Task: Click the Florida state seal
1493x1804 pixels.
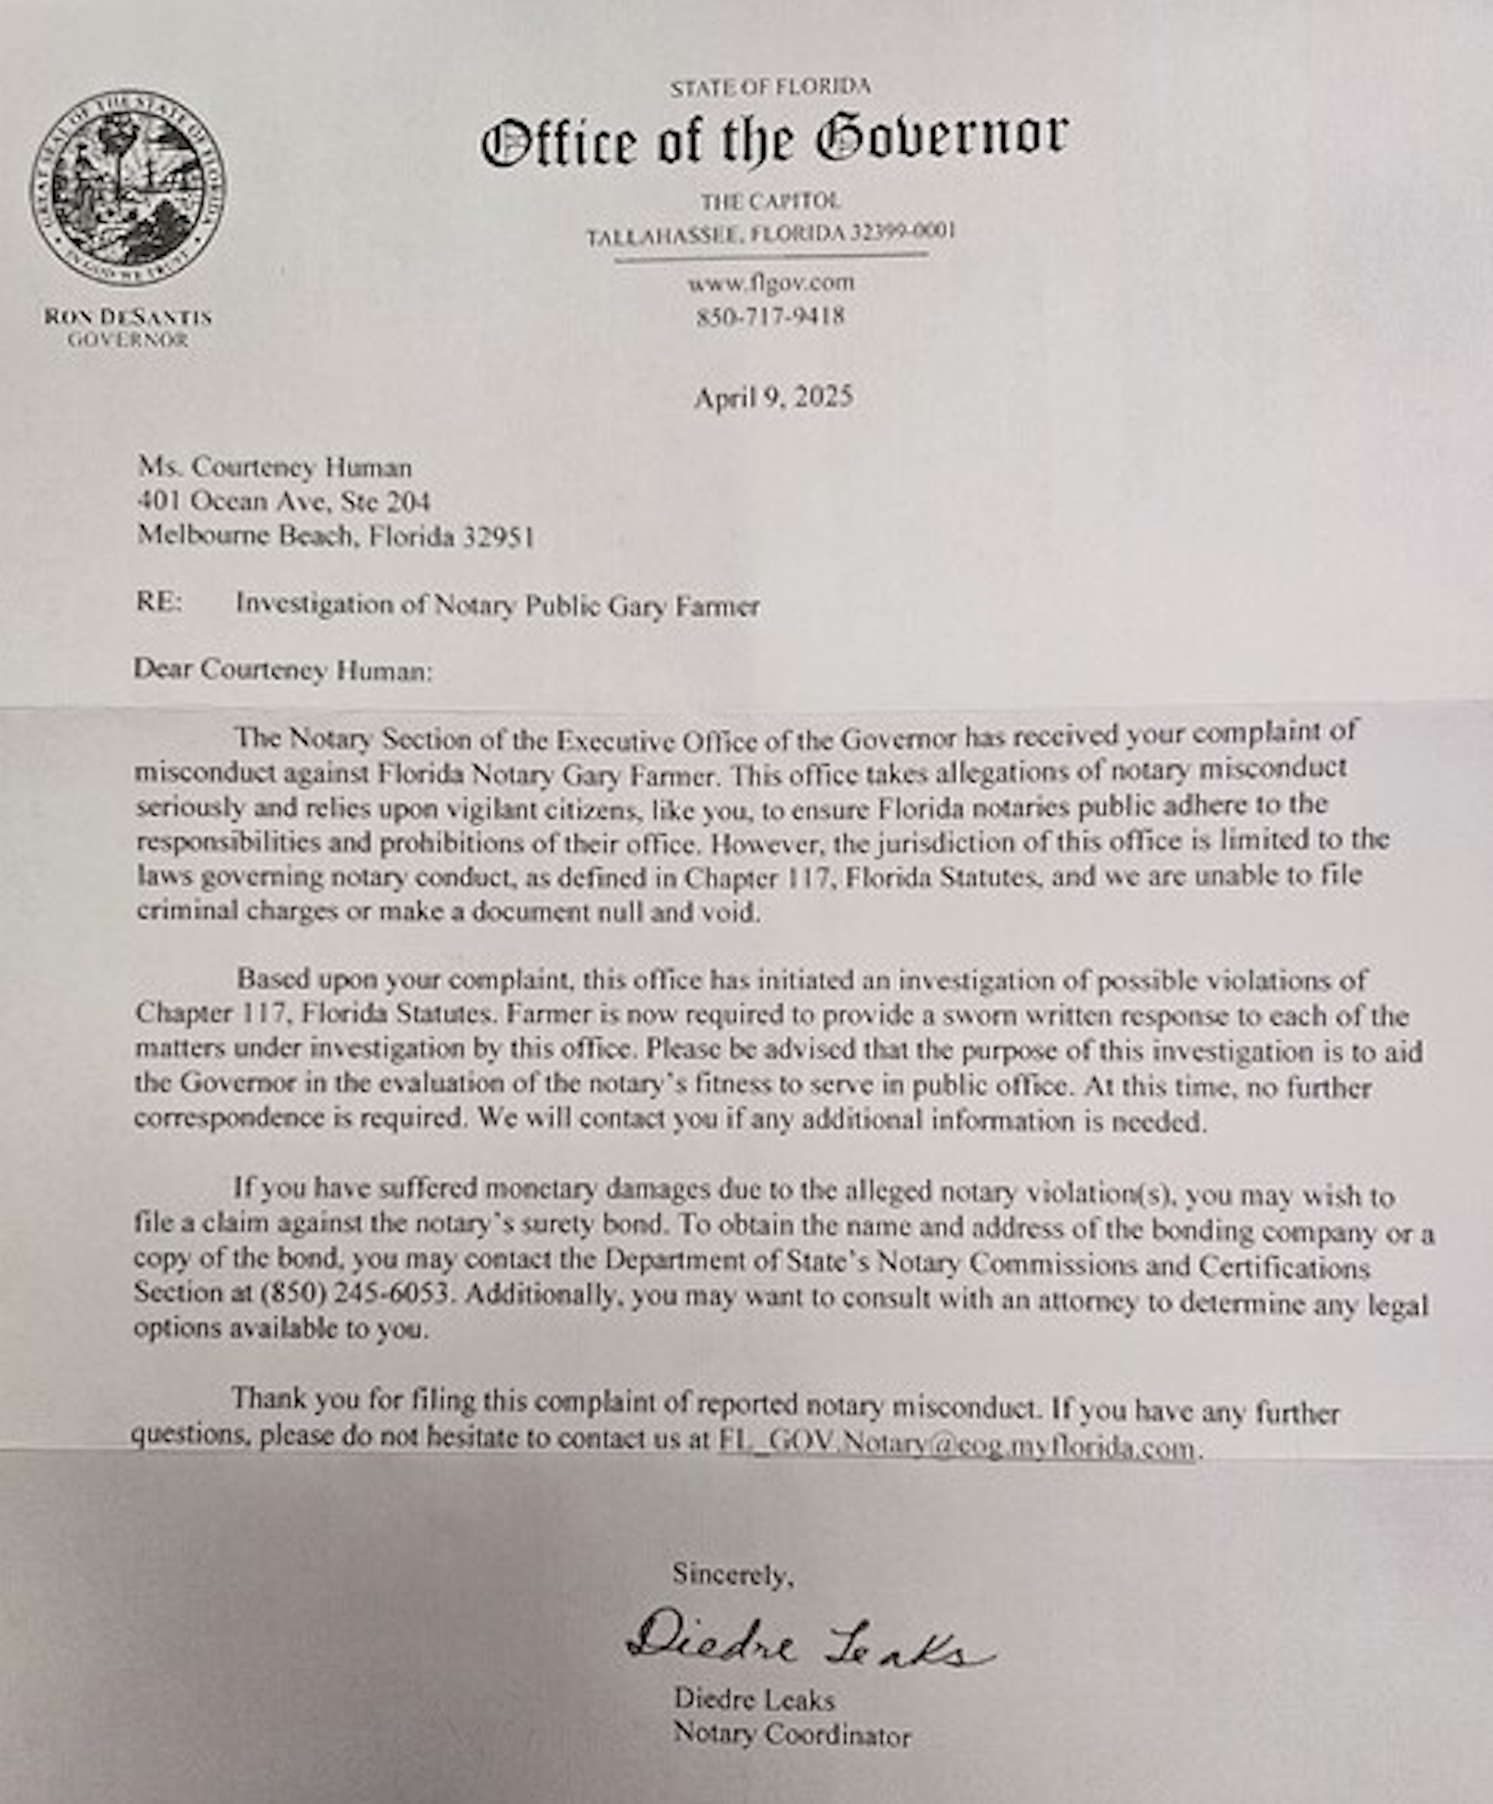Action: point(127,187)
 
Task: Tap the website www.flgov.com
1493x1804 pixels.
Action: point(771,283)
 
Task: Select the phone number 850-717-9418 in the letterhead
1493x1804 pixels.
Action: point(771,317)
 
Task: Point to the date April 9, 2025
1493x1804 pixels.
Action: point(773,397)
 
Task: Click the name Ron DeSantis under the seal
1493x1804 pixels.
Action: point(127,318)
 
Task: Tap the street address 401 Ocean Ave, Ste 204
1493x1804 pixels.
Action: point(284,502)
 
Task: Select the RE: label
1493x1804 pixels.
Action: point(159,603)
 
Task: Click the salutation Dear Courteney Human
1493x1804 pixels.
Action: point(283,671)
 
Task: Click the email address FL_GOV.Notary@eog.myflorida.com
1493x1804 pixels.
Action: point(956,1446)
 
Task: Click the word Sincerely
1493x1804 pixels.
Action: point(733,1574)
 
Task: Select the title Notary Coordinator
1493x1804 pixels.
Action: point(791,1735)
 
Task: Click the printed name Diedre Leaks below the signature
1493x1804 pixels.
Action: point(754,1699)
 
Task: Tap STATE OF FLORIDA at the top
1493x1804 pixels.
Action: point(770,87)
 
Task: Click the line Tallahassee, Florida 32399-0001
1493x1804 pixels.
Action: point(770,235)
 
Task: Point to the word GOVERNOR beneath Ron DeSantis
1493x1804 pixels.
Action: point(127,340)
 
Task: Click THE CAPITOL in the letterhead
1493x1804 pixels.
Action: point(770,201)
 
